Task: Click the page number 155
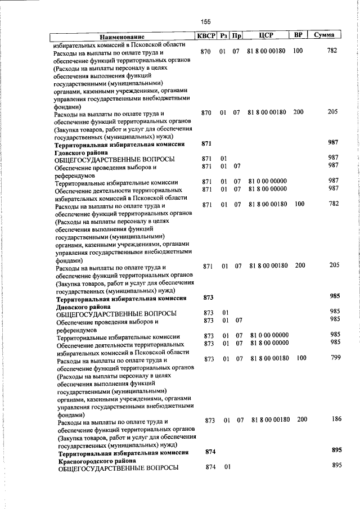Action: point(205,21)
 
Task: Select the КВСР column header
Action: point(205,36)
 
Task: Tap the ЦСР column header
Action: point(266,36)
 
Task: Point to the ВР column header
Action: point(299,35)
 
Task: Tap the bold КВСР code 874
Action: point(210,451)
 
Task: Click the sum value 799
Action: point(336,358)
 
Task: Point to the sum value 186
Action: point(336,419)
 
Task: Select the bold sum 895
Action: point(337,450)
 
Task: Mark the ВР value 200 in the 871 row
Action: point(299,265)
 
